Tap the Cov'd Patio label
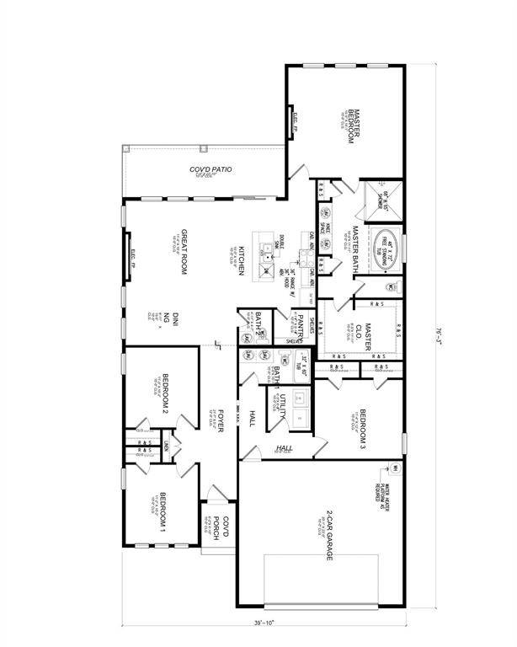pos(211,171)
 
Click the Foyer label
pos(221,420)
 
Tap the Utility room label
pos(285,404)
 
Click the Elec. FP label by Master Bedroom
pos(295,126)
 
